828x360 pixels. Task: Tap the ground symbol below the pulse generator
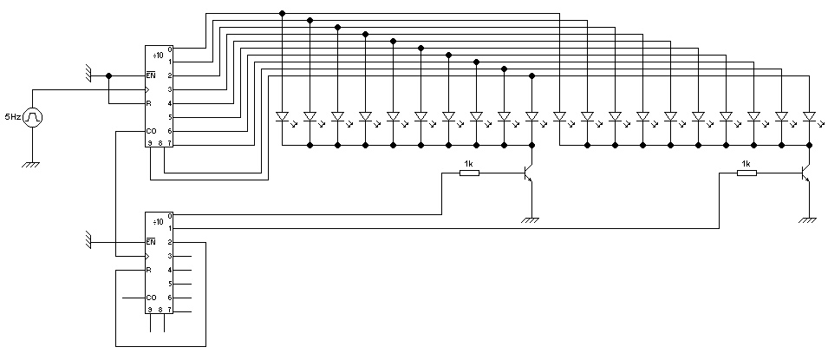pos(32,162)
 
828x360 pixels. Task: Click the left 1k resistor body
pos(468,173)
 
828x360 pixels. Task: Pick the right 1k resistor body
pos(747,173)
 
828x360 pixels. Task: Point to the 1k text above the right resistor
pos(747,163)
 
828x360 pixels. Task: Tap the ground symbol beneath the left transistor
pos(531,220)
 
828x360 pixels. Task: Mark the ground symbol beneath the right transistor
pos(808,220)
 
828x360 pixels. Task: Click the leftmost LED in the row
pos(282,115)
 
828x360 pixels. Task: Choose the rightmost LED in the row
pos(809,115)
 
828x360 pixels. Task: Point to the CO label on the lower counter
pos(151,298)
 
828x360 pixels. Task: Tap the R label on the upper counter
pos(149,103)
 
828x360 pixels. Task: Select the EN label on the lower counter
pos(151,242)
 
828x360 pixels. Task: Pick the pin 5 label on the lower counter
pos(170,284)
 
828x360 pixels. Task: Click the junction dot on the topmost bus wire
pos(282,13)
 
